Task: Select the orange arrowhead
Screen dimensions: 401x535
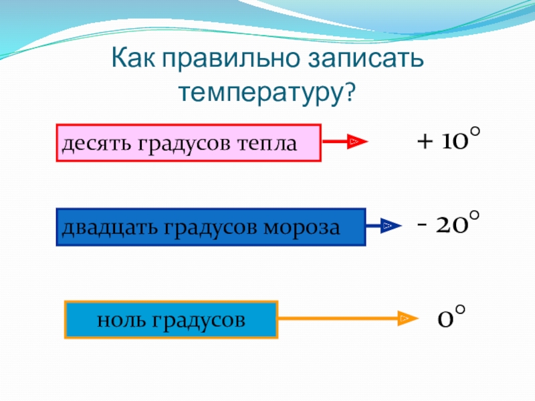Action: [405, 319]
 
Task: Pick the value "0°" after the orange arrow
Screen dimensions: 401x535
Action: [451, 317]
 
